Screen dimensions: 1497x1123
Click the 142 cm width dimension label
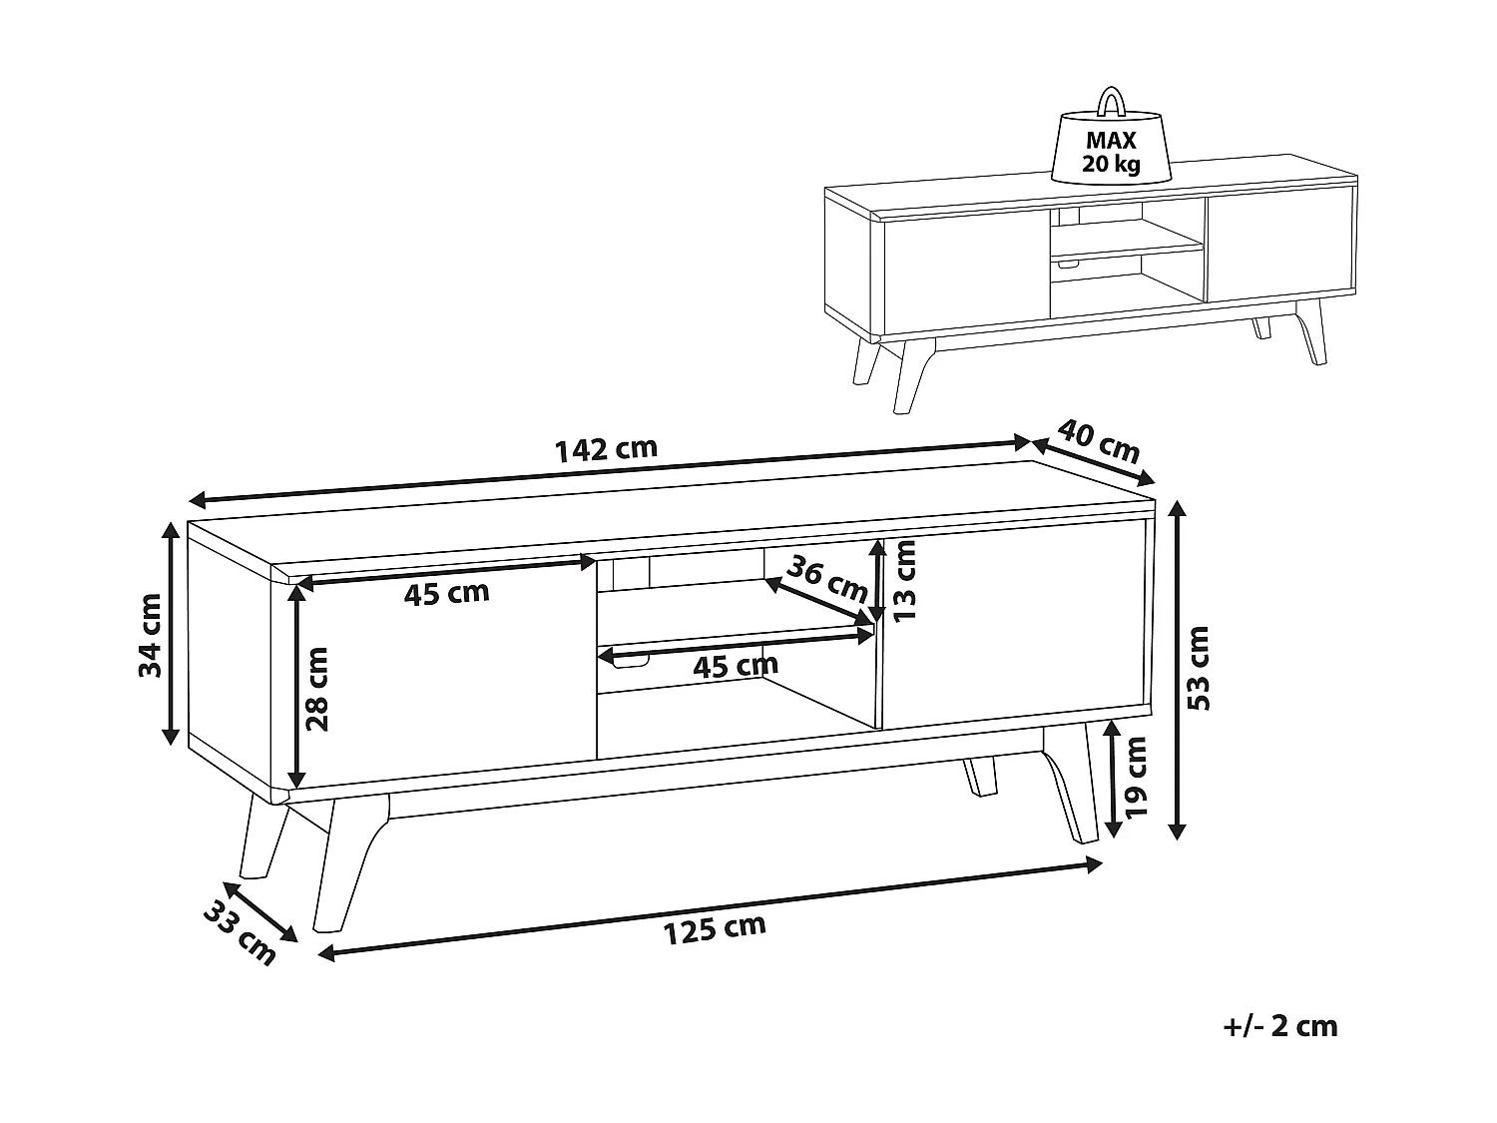[607, 449]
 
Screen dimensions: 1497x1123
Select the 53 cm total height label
[1199, 668]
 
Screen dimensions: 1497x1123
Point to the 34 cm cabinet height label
[150, 636]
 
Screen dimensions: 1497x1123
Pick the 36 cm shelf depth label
[826, 578]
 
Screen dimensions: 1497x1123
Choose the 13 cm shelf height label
[905, 580]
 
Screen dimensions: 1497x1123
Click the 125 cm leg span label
[715, 929]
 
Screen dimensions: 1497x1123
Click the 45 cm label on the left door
[447, 593]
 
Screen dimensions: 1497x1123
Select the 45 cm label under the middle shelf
[736, 666]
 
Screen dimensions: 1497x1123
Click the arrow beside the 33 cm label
[260, 911]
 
